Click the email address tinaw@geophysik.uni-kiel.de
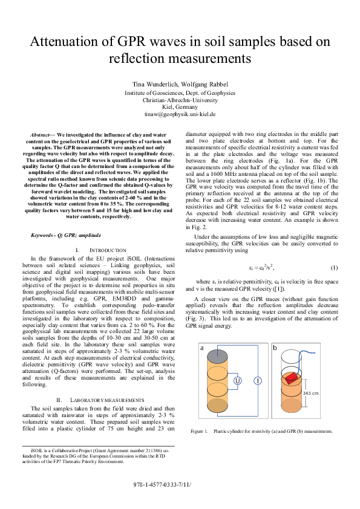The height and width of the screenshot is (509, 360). [180, 114]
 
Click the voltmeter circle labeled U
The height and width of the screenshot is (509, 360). [238, 380]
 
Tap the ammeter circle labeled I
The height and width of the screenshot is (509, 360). [257, 380]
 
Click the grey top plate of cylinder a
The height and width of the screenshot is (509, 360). [219, 355]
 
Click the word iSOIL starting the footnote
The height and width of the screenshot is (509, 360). [36, 450]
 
